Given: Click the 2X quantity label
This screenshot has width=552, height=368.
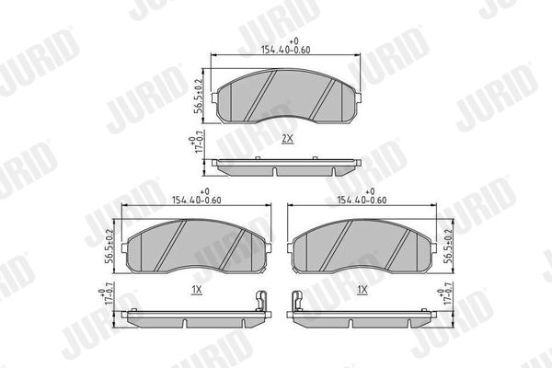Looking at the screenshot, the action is (x=287, y=139).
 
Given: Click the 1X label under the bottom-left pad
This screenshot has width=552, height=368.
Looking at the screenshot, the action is (x=197, y=290).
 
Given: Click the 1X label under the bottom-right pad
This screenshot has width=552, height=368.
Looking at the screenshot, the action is (x=362, y=290).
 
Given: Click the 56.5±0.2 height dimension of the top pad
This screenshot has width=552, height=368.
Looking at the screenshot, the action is (x=199, y=96).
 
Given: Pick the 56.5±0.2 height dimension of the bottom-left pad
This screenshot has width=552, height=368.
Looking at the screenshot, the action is (x=109, y=247).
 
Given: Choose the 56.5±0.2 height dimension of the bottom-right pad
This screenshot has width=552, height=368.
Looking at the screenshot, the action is (x=448, y=247).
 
